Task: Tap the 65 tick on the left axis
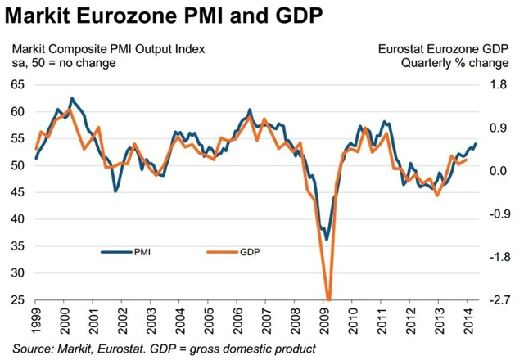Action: tap(18, 85)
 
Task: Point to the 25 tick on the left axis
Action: tap(18, 300)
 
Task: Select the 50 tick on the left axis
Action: tap(18, 166)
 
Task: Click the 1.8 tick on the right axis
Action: tap(498, 85)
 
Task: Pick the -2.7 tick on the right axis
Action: tap(496, 300)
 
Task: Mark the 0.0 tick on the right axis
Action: tap(498, 171)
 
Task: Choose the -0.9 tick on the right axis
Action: tap(496, 214)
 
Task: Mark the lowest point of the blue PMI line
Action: tap(327, 240)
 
